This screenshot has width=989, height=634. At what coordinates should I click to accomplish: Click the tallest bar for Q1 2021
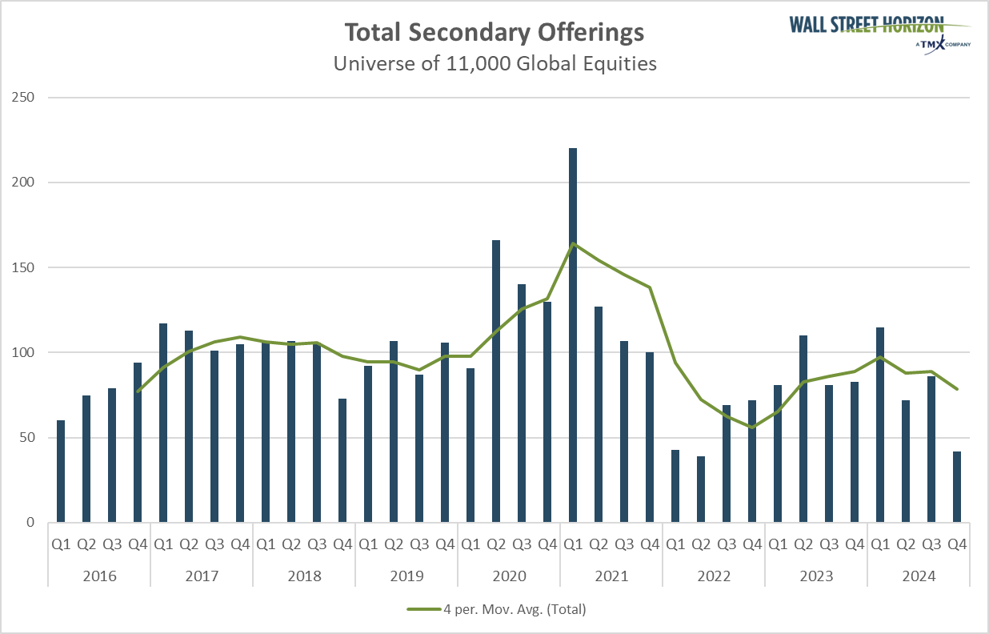coord(573,336)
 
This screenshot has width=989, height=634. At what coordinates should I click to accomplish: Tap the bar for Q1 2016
coord(61,471)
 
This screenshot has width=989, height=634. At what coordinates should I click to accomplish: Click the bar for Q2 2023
coord(803,429)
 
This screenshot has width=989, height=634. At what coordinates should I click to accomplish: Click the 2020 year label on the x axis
coord(509,576)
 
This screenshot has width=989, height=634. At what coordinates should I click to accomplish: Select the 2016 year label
coord(99,576)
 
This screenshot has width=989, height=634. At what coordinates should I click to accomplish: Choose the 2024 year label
coord(919,576)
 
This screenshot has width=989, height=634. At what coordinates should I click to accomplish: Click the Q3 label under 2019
coord(419,545)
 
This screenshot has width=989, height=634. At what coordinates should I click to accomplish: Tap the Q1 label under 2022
coord(675,545)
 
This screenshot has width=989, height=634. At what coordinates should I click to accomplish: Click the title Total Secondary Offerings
coord(494,33)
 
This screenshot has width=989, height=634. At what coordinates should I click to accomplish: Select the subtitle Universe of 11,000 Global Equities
coord(494,63)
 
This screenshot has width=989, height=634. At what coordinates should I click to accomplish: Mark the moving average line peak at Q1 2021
coord(573,243)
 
